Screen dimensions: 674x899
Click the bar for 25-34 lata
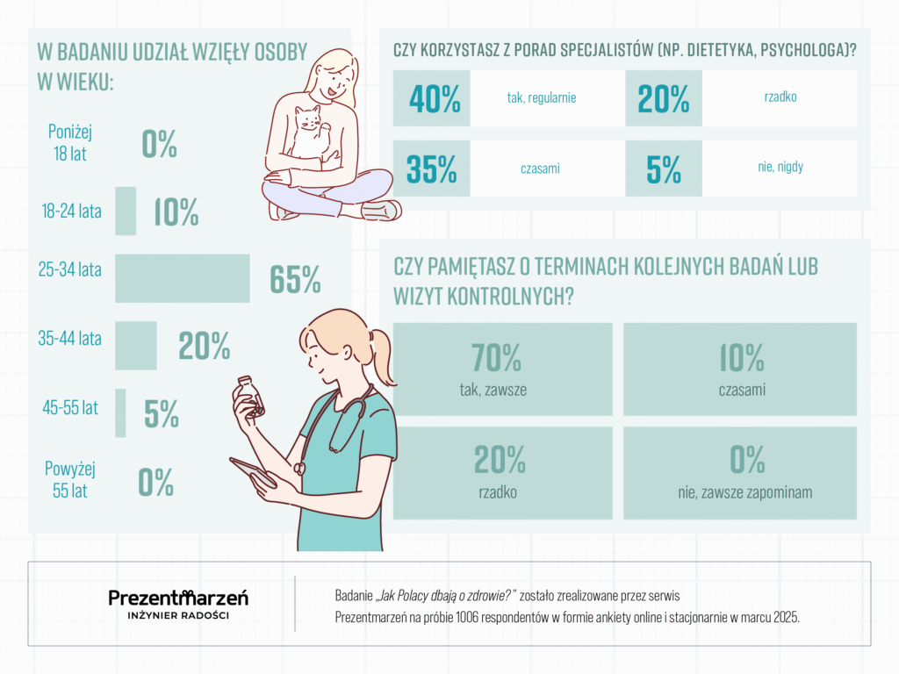183,277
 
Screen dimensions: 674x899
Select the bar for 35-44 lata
136,345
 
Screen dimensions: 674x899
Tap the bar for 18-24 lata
126,211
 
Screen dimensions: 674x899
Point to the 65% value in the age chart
295,279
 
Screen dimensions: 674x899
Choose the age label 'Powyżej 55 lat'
69,480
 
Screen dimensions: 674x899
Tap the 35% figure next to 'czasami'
432,169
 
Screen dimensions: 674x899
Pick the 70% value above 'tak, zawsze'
497,357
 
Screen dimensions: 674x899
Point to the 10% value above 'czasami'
740,357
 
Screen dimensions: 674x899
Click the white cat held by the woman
308,132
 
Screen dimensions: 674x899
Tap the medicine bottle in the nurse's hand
249,396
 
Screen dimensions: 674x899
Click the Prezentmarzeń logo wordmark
178,598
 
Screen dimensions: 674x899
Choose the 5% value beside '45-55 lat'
162,414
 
